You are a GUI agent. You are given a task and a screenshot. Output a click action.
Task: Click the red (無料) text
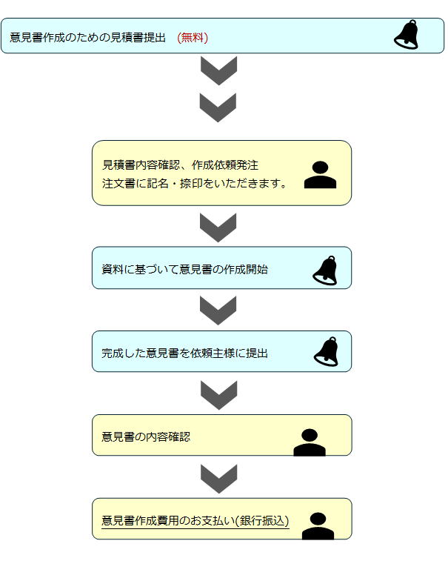(193, 38)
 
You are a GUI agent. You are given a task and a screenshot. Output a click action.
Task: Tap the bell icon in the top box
(406, 35)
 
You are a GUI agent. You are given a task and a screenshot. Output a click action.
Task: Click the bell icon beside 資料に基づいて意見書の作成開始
(325, 270)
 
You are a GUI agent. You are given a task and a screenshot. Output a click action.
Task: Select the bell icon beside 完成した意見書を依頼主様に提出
(326, 352)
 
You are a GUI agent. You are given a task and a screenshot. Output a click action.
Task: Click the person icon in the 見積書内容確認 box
(320, 175)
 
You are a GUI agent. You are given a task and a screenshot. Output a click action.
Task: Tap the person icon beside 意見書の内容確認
(310, 442)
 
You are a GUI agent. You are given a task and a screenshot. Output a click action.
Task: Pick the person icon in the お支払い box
(318, 526)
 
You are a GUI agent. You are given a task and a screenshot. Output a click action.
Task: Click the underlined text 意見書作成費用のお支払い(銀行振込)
(195, 520)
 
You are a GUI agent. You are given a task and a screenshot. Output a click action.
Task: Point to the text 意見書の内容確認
(146, 436)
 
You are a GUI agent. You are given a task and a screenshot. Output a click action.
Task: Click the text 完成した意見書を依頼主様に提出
(184, 353)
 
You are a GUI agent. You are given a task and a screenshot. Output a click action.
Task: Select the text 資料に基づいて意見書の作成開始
(184, 270)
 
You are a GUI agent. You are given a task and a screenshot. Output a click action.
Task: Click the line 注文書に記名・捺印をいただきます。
(195, 183)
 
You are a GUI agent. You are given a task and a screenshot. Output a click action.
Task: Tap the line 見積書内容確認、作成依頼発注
(180, 165)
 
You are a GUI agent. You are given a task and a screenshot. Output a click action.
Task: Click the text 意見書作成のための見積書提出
(87, 38)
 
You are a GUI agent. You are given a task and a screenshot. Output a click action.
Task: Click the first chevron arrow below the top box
(219, 71)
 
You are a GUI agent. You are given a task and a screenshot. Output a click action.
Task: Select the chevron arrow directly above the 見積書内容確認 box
(218, 107)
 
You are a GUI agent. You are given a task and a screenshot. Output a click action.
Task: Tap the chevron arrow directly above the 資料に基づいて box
(218, 227)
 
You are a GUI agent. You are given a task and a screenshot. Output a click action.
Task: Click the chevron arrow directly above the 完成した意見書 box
(218, 310)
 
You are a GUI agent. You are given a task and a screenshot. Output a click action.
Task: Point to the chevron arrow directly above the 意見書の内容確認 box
(219, 396)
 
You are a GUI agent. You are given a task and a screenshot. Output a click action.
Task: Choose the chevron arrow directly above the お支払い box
(219, 479)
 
